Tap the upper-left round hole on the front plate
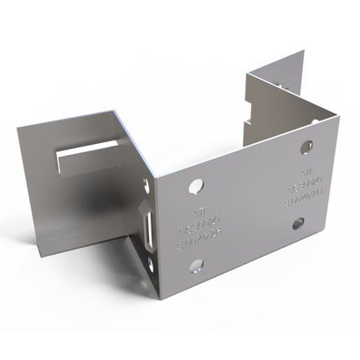[196, 183]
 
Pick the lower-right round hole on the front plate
[299, 223]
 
